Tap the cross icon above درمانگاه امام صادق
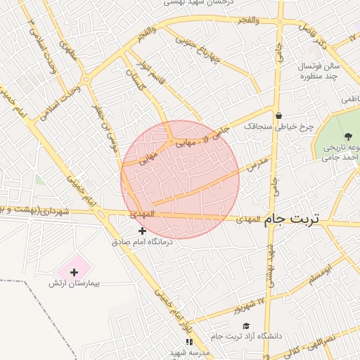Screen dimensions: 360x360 [143, 231]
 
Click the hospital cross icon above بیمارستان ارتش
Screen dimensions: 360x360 [74, 271]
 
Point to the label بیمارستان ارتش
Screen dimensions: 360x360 [75, 283]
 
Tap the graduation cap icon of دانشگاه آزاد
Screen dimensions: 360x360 [245, 326]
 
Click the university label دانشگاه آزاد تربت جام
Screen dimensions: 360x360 [245, 336]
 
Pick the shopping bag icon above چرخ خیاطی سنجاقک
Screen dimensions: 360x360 [279, 116]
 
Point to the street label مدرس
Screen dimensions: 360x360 [257, 166]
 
